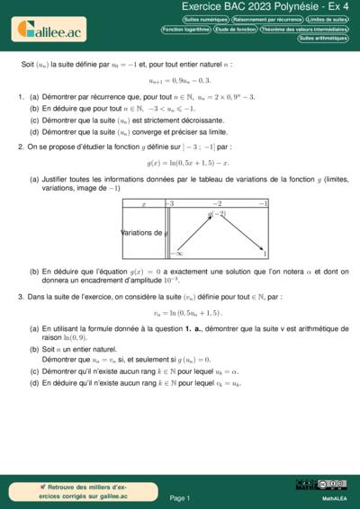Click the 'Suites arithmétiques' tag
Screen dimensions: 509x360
(322, 39)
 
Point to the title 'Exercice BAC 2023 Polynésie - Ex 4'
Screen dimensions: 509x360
(256, 6)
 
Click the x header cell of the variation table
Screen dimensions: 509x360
(143, 204)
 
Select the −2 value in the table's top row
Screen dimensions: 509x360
(217, 204)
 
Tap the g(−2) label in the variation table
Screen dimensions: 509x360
(217, 214)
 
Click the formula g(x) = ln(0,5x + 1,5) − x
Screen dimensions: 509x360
(187, 163)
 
